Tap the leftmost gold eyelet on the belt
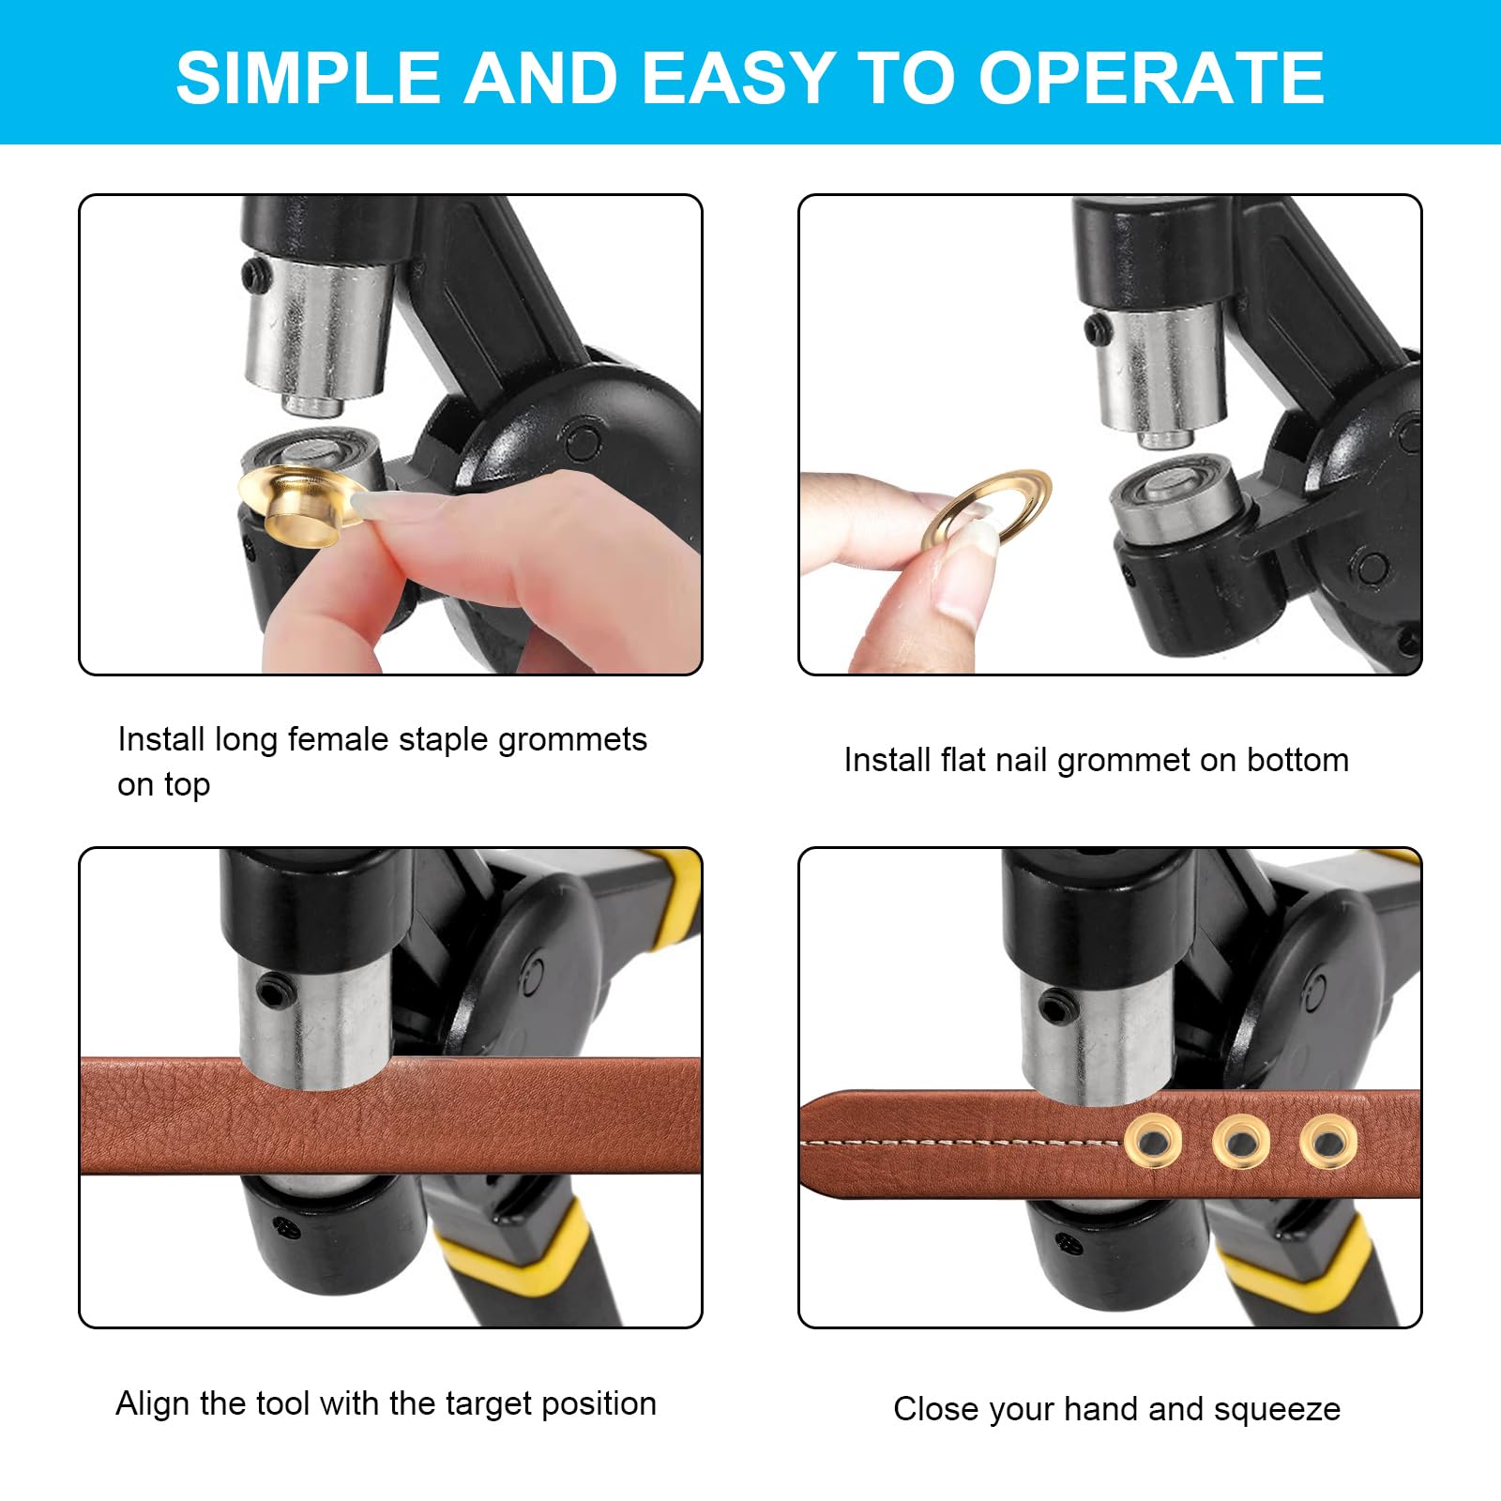pos(1152,1142)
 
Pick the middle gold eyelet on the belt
pos(1240,1142)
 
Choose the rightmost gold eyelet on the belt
pos(1327,1142)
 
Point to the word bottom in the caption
pos(1298,760)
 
